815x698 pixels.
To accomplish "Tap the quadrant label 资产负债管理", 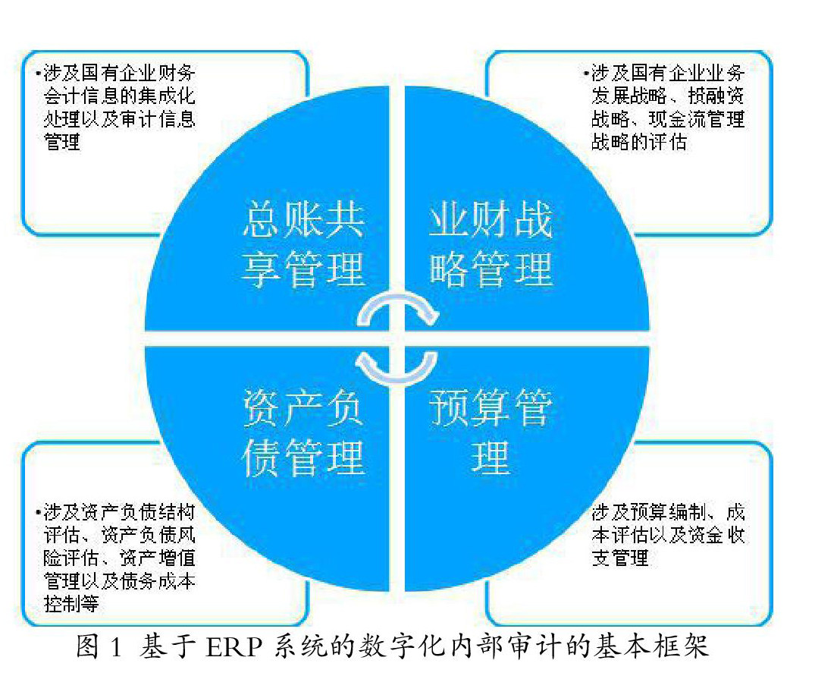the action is (x=303, y=434).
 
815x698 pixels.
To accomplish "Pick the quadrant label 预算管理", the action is (x=491, y=432).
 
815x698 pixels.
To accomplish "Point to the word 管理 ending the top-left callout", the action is (x=63, y=141).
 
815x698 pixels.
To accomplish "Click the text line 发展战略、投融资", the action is (x=667, y=96).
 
